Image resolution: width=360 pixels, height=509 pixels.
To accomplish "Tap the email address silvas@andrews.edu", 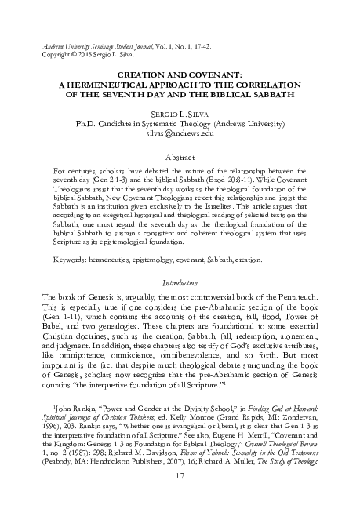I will coord(180,134).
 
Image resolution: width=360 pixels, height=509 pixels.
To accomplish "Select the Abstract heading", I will coord(180,157).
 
